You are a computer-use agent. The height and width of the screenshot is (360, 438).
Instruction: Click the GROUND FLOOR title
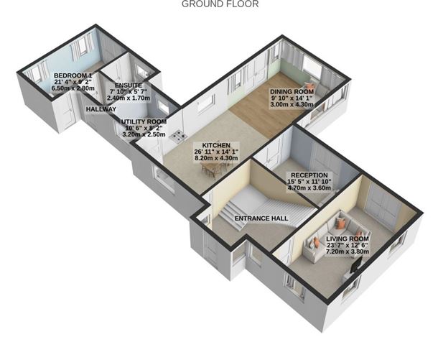(220, 4)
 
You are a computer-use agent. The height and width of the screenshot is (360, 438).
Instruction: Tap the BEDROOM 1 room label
(73, 75)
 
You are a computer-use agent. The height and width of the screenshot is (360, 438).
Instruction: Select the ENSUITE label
(129, 86)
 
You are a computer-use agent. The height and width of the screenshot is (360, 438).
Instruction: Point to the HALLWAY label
(101, 109)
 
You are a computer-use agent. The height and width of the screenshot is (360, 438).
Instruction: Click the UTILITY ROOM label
(144, 122)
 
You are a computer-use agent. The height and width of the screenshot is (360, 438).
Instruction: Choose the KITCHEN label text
(216, 145)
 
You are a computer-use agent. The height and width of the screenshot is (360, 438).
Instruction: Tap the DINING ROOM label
(292, 92)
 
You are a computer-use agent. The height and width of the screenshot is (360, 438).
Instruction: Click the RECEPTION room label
(309, 175)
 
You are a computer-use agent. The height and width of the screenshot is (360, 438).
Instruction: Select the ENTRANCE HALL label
(261, 218)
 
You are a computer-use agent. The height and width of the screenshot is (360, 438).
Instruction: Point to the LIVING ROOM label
(348, 239)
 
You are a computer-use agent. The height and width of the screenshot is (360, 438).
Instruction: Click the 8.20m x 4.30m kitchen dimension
(216, 158)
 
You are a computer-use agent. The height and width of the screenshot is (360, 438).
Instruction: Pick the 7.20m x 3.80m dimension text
(348, 251)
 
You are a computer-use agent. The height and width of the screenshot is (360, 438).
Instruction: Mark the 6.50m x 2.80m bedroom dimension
(73, 88)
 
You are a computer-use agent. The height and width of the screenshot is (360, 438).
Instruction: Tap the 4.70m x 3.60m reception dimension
(309, 188)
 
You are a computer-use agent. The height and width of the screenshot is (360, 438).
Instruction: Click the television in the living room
(356, 264)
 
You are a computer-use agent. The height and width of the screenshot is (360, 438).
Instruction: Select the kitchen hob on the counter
(179, 137)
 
